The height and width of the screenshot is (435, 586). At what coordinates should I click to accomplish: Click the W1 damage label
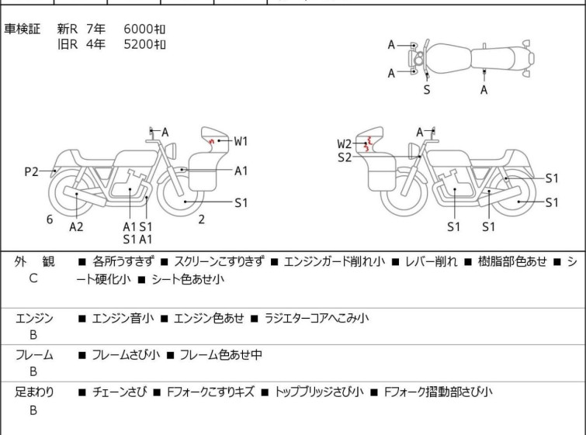(241, 141)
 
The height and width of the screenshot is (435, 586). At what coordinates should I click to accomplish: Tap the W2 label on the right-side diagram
(345, 143)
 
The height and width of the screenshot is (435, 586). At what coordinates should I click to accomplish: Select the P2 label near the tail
(31, 172)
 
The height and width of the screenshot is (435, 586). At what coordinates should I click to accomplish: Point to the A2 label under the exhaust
(76, 226)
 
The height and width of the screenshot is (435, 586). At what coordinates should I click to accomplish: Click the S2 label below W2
(345, 157)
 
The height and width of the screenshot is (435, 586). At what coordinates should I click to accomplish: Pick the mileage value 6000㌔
(145, 29)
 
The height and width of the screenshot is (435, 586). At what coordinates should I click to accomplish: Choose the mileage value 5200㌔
(145, 44)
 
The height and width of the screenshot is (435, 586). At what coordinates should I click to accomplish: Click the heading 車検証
(23, 29)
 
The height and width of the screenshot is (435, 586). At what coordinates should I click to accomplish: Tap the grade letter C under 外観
(33, 278)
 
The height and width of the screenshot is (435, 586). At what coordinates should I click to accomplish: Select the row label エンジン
(34, 318)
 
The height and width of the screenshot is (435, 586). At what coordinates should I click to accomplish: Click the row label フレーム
(34, 355)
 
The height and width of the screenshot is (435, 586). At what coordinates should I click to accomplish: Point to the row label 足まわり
(34, 392)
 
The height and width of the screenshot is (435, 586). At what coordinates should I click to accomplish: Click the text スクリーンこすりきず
(219, 262)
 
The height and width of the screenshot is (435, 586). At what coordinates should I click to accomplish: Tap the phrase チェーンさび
(119, 392)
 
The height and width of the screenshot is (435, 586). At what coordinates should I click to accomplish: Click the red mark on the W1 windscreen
(212, 141)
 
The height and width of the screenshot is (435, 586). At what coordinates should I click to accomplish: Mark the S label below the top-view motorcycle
(426, 90)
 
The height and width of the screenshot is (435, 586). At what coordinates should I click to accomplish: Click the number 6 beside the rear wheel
(50, 219)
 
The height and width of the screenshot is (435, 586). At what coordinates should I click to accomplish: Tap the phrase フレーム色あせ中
(221, 355)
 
